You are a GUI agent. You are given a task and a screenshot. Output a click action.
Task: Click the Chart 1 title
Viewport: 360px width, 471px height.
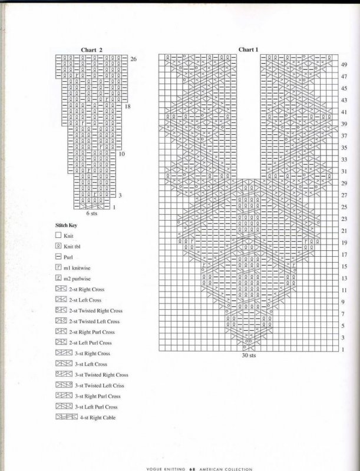[249, 49]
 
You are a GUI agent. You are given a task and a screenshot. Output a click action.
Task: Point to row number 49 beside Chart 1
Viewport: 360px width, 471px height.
[344, 64]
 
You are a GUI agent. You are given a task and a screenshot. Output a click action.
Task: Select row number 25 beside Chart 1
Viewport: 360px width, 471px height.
[344, 207]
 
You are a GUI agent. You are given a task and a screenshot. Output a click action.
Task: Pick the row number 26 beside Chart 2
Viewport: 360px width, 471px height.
[134, 59]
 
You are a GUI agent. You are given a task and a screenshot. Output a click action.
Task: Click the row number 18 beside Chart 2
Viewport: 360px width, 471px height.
[128, 107]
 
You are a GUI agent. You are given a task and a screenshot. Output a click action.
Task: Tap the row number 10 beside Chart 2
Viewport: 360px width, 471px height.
[122, 154]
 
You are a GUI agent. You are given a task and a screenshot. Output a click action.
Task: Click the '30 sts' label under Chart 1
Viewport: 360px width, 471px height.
[249, 356]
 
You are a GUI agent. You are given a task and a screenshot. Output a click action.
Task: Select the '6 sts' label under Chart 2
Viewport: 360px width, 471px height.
[92, 214]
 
